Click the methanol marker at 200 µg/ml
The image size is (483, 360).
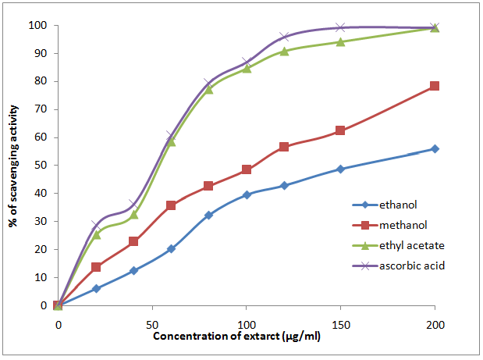coord(435,86)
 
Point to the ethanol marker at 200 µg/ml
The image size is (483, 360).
coord(435,148)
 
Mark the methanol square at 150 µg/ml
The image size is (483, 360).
coord(340,130)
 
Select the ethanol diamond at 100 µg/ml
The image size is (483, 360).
coord(247,194)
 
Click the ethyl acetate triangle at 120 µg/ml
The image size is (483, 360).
coord(284,51)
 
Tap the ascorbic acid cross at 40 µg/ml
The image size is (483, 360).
coord(133,204)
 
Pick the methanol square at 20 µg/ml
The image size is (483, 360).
coord(96,267)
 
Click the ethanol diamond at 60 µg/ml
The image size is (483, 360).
coord(171,248)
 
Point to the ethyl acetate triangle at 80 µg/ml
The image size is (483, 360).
coord(209,89)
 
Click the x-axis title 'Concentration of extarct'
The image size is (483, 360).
coord(247,337)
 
